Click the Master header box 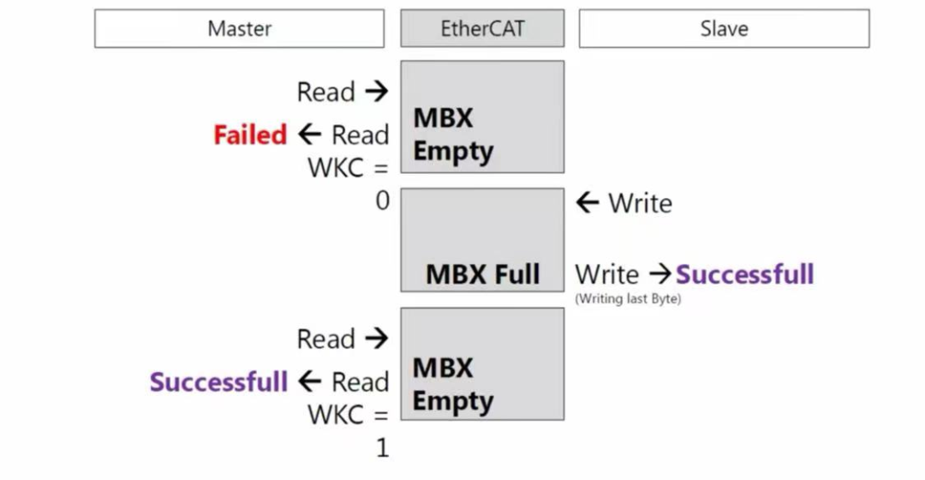coord(239,29)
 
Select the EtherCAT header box coord(482,29)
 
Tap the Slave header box coord(724,29)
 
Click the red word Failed coord(250,135)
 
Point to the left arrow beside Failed coord(309,135)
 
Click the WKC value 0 coord(382,201)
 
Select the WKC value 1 coord(382,447)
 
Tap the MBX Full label coord(482,274)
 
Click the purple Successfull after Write coord(744,274)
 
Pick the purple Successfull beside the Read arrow coord(218,382)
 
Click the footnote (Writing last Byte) coord(628,299)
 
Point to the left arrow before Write coord(588,203)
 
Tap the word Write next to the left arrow coord(640,203)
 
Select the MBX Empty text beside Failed coord(453,135)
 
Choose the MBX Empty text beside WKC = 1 coord(453,384)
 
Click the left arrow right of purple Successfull coord(309,381)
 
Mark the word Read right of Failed coord(360,135)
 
